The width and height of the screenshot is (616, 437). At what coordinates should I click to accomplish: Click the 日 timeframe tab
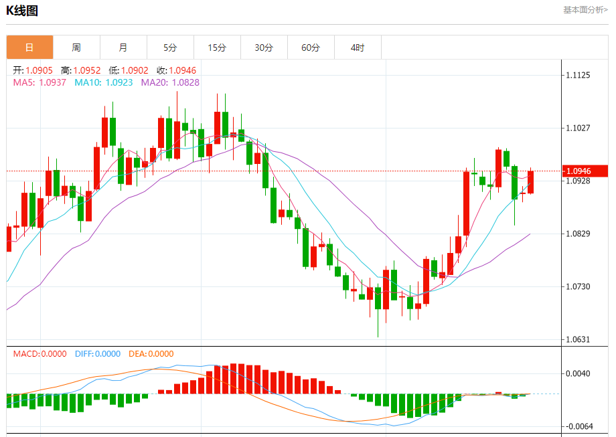29,48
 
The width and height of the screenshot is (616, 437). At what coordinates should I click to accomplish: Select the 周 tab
76,48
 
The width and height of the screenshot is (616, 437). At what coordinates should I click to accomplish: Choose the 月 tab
123,48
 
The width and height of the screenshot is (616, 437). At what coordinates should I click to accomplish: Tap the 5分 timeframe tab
170,48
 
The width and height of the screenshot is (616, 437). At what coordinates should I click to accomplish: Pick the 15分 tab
217,48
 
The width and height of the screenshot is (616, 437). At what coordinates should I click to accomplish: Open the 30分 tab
264,48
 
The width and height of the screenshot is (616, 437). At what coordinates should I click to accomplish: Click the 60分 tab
311,48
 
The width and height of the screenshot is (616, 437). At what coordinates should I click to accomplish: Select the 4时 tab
358,48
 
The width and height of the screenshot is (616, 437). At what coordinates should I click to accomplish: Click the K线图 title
22,11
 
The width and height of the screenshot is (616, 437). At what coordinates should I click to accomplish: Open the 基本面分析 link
585,10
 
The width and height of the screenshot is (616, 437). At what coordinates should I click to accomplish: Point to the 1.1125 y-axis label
578,76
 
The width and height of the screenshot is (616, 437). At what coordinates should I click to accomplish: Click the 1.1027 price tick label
578,128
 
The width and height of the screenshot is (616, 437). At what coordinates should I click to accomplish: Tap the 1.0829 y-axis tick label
578,234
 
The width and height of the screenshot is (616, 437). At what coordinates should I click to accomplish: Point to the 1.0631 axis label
578,339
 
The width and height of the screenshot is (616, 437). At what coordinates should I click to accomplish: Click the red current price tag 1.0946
585,171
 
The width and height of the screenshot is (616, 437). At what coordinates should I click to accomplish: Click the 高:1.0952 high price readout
80,70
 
